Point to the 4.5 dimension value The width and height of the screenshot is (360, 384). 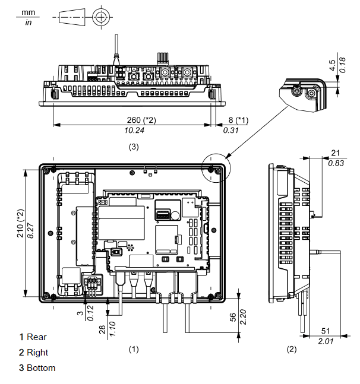(332, 66)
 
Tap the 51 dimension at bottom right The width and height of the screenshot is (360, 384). (325, 331)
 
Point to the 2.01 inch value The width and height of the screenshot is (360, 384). (326, 341)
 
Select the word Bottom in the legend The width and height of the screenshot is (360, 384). (41, 368)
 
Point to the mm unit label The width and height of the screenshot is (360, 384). (29, 11)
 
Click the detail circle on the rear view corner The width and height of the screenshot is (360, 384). (214, 167)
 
